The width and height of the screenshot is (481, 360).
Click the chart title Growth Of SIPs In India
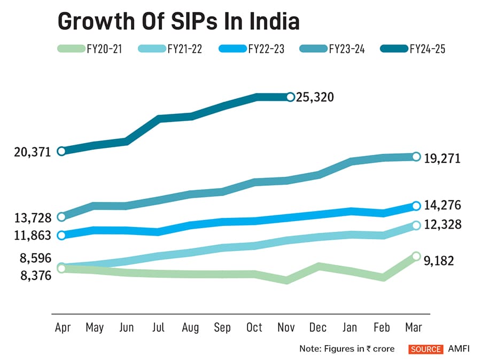click(178, 22)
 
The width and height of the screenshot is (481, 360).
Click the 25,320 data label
click(315, 97)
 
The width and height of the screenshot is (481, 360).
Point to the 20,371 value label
click(33, 152)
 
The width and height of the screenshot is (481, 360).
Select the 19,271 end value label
click(443, 159)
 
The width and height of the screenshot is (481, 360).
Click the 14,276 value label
click(443, 206)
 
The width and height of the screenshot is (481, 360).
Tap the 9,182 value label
click(439, 261)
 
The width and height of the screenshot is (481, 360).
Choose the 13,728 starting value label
click(33, 218)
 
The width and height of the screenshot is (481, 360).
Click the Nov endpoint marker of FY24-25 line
click(290, 97)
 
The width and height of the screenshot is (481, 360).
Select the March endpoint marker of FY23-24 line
click(417, 156)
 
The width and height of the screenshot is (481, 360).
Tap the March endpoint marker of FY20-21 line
click(417, 256)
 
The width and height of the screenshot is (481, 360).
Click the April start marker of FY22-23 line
click(61, 234)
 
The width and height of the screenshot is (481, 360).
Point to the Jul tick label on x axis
click(159, 327)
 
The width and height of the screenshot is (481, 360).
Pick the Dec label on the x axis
click(319, 327)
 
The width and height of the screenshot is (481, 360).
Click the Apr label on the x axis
click(63, 327)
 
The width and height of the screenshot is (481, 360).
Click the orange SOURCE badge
click(426, 349)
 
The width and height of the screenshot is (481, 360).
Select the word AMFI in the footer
click(458, 349)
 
